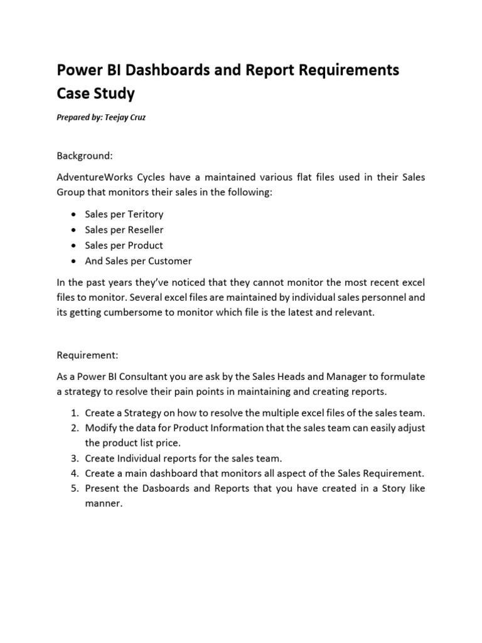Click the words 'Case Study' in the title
[95, 94]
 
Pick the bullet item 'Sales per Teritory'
[124, 214]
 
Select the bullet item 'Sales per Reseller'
[124, 230]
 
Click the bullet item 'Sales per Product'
[124, 245]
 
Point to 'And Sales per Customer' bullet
[138, 261]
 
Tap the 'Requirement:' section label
[87, 355]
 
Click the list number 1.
[73, 413]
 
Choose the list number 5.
[73, 488]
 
